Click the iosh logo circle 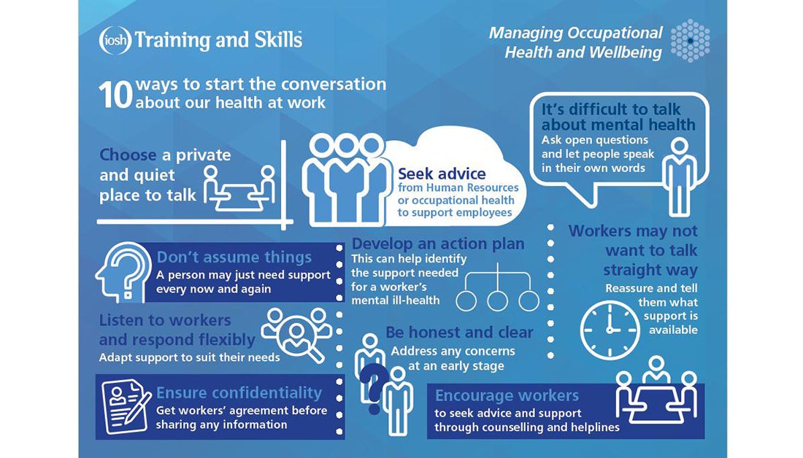(115, 40)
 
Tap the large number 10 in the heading (115, 95)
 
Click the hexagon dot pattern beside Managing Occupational (690, 40)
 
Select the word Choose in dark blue (128, 155)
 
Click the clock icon (610, 329)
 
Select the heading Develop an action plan (438, 244)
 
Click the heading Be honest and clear (459, 333)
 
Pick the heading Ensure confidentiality (239, 394)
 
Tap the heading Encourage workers (507, 396)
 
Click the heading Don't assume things (234, 257)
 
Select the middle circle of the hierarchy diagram (498, 300)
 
